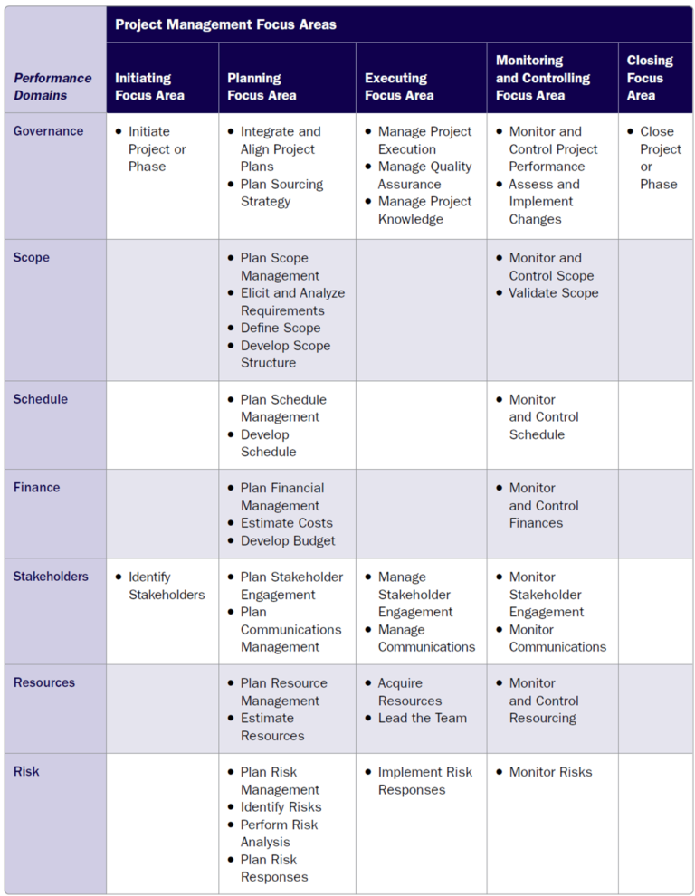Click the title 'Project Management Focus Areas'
[x=225, y=24]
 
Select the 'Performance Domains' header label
[x=52, y=87]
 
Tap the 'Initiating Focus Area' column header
[x=149, y=87]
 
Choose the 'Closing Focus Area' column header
[x=650, y=78]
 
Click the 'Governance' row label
[x=48, y=131]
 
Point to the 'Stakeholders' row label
[x=51, y=577]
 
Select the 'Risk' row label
[x=26, y=772]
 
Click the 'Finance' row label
[x=36, y=488]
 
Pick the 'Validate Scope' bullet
[x=553, y=293]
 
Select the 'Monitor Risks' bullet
[x=550, y=772]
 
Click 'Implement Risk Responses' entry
[x=424, y=781]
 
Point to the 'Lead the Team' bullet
[x=422, y=718]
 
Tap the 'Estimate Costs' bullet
[x=286, y=523]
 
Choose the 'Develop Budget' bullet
[x=288, y=541]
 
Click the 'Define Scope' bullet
[x=280, y=328]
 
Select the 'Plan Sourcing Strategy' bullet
[x=281, y=193]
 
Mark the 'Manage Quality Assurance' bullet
[x=424, y=176]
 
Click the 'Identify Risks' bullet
[x=281, y=807]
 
